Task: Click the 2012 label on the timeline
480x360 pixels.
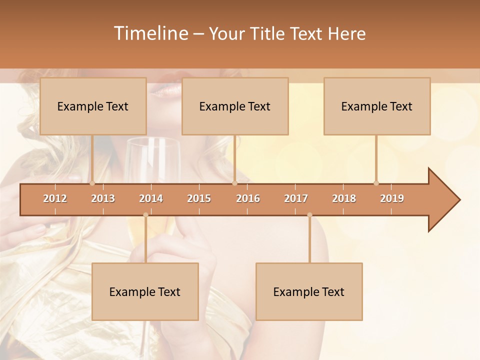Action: [x=55, y=198]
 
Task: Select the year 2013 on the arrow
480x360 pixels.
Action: [x=103, y=198]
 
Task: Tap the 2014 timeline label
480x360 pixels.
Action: [x=151, y=198]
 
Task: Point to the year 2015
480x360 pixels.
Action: [x=199, y=198]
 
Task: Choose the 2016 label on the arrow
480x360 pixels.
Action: [x=248, y=198]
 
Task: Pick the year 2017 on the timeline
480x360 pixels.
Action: [x=296, y=198]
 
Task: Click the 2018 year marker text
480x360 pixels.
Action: [x=344, y=198]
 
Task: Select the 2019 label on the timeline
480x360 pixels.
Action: [x=392, y=198]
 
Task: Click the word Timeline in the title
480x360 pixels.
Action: [x=150, y=33]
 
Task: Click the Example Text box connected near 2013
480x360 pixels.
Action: [x=93, y=106]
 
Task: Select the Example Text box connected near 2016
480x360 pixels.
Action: [x=235, y=106]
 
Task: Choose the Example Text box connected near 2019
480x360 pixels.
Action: [x=377, y=106]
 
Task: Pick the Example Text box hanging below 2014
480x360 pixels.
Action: [x=145, y=291]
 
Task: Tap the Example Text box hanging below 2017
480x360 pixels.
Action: [x=309, y=291]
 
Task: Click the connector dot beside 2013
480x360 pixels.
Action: [x=92, y=183]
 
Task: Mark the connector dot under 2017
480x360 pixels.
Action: [x=309, y=215]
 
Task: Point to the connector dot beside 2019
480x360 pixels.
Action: [x=376, y=183]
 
